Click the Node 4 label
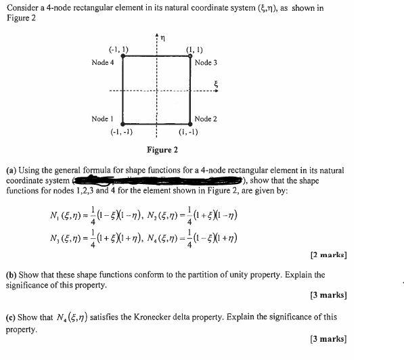point(102,63)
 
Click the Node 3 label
point(206,63)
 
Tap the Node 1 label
point(102,118)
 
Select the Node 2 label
point(206,118)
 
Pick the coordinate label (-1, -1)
point(120,132)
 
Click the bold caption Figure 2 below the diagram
point(162,150)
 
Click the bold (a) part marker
point(10,171)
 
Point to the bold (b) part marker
point(10,275)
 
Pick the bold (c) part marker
point(10,317)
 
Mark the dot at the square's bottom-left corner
point(122,125)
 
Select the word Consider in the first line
point(20,8)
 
